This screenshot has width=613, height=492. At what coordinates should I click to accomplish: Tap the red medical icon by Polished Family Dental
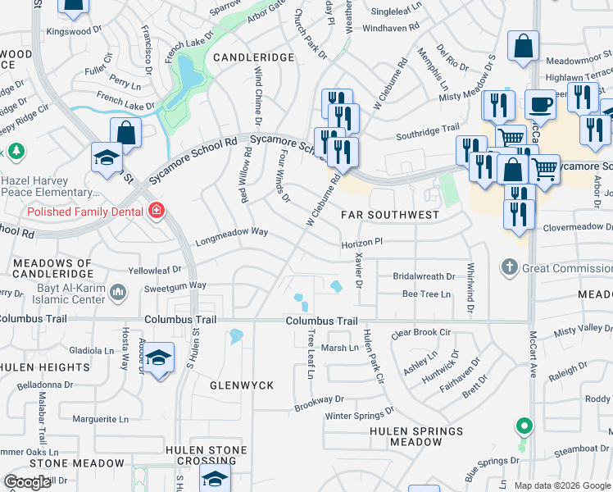[156, 212]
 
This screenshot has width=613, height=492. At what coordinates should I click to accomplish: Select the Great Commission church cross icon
[510, 267]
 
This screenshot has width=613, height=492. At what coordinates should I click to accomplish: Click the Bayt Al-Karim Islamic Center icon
[119, 291]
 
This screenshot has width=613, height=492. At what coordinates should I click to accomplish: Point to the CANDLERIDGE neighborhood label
[253, 57]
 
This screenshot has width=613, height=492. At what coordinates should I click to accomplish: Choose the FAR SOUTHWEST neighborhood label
[390, 215]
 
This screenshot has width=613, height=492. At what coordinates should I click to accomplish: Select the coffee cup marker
[540, 105]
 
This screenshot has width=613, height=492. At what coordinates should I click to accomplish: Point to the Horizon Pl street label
[362, 243]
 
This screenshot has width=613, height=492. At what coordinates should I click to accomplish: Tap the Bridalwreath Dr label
[424, 276]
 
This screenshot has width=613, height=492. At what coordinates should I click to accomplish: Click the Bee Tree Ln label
[426, 294]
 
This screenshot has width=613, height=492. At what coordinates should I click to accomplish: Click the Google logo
[28, 482]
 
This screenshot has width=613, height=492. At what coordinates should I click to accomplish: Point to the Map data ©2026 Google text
[562, 485]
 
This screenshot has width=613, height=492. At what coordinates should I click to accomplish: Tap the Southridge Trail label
[428, 129]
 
